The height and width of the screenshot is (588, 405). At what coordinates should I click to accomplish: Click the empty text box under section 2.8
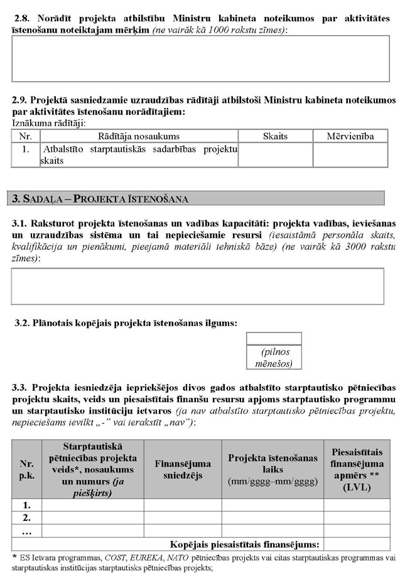201,58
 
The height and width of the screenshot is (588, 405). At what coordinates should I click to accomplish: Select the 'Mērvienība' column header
350,136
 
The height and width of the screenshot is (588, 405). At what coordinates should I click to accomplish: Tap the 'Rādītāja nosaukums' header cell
139,136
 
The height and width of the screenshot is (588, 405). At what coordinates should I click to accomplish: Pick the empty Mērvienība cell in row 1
350,155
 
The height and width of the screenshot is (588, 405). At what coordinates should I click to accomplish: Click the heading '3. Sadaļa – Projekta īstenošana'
100,199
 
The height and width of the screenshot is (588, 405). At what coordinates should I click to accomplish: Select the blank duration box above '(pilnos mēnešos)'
274,339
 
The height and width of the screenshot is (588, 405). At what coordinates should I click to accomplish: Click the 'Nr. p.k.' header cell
26,469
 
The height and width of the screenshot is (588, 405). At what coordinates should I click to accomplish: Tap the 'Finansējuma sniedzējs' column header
183,469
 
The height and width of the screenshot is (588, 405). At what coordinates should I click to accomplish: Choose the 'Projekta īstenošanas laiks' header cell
273,469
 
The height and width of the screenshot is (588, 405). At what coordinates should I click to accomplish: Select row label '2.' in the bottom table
26,518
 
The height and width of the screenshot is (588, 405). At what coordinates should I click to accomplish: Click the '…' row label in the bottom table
26,531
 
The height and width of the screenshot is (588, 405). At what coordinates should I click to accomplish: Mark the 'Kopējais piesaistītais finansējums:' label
245,544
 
